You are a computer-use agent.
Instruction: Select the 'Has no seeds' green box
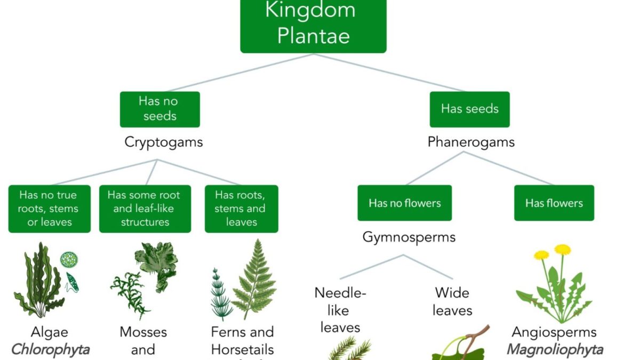pyautogui.click(x=159, y=109)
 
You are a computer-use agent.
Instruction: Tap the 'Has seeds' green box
pyautogui.click(x=469, y=109)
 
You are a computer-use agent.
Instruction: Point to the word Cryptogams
pyautogui.click(x=164, y=142)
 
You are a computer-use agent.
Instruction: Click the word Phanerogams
pyautogui.click(x=471, y=142)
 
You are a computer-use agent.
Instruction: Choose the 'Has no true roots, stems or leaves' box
pyautogui.click(x=49, y=209)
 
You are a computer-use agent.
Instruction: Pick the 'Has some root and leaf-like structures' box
pyautogui.click(x=145, y=209)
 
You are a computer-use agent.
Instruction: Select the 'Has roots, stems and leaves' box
pyautogui.click(x=241, y=209)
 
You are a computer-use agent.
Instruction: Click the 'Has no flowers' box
pyautogui.click(x=404, y=203)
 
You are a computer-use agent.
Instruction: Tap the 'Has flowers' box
pyautogui.click(x=554, y=203)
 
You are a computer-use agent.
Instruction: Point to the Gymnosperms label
pyautogui.click(x=409, y=237)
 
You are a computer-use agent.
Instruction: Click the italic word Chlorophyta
pyautogui.click(x=50, y=350)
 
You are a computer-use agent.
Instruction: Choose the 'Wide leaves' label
pyautogui.click(x=452, y=301)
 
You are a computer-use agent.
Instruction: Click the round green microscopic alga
pyautogui.click(x=69, y=260)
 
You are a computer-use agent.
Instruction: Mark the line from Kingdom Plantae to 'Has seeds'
pyautogui.click(x=389, y=73)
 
